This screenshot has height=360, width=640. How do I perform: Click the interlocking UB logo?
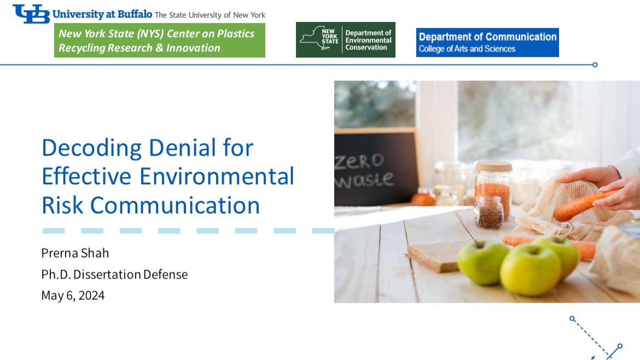tap(31, 14)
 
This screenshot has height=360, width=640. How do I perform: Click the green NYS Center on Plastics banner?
tap(160, 40)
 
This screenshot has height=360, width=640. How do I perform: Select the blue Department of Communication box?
tap(487, 42)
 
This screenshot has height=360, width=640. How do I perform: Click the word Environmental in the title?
tap(217, 177)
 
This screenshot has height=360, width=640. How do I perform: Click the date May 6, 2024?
tap(73, 295)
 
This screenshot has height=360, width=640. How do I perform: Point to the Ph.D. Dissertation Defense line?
tap(114, 274)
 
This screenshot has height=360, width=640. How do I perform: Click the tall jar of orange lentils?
tap(493, 188)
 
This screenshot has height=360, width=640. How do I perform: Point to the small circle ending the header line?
tap(595, 65)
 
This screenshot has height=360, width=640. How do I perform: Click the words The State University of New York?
tap(210, 15)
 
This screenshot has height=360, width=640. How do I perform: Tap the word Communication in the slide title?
tap(175, 205)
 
